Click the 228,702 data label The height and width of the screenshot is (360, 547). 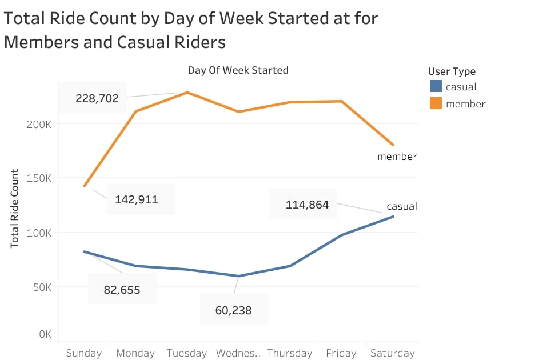tap(97, 98)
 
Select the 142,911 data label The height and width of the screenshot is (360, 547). tap(137, 199)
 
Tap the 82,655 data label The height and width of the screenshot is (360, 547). tap(122, 290)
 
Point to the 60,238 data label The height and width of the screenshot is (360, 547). tap(233, 310)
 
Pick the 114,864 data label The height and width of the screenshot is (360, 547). tap(307, 205)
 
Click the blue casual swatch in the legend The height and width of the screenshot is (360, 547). tap(436, 87)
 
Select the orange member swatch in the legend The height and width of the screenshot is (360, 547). tap(436, 103)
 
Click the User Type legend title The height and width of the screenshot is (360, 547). tap(452, 71)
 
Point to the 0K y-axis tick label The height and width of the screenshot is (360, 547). tap(45, 334)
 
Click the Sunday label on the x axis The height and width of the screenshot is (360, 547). tap(83, 353)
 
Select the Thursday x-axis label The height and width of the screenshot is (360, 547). tap(289, 353)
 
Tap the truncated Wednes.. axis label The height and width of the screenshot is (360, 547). tap(238, 353)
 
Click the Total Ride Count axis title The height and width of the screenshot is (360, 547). tap(15, 208)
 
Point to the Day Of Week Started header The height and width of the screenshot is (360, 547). tap(238, 70)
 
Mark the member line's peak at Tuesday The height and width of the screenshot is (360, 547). tap(187, 92)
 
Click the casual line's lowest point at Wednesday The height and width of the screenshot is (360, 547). tap(238, 276)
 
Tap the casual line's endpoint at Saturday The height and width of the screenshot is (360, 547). tap(393, 216)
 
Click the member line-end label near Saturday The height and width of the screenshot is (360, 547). tap(397, 156)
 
